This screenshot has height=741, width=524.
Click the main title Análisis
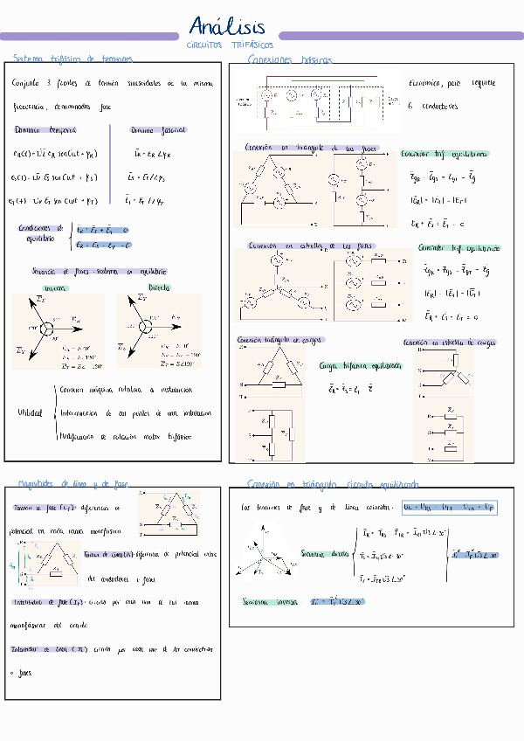pos(227,27)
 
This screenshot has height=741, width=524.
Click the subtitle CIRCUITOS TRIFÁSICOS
pos(230,45)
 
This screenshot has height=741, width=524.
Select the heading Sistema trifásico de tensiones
pos(73,59)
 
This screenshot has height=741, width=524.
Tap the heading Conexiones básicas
pos(290,60)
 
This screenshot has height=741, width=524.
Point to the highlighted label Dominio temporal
pos(45,130)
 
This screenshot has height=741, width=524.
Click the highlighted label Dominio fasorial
pos(158,130)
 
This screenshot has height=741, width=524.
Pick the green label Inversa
pos(54,287)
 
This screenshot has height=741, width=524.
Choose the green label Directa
pos(159,287)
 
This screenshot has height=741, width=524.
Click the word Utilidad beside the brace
pos(30,412)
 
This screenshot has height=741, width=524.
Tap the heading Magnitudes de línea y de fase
pos(73,483)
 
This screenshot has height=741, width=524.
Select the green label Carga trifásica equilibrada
pos(356,366)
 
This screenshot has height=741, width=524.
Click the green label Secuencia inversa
pos(272,601)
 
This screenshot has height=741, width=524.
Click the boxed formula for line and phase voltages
pos(449,507)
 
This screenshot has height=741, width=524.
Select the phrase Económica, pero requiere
pos(452,83)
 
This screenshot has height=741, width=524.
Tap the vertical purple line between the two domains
pos(110,166)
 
